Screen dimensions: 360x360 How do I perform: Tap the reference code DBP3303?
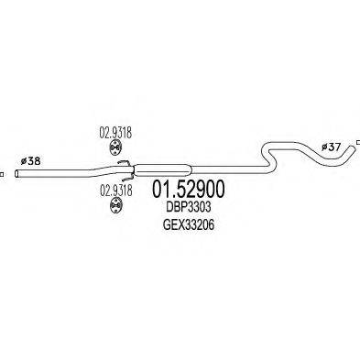[x=183, y=209]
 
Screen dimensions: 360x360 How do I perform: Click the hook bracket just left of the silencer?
[x=123, y=166]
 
